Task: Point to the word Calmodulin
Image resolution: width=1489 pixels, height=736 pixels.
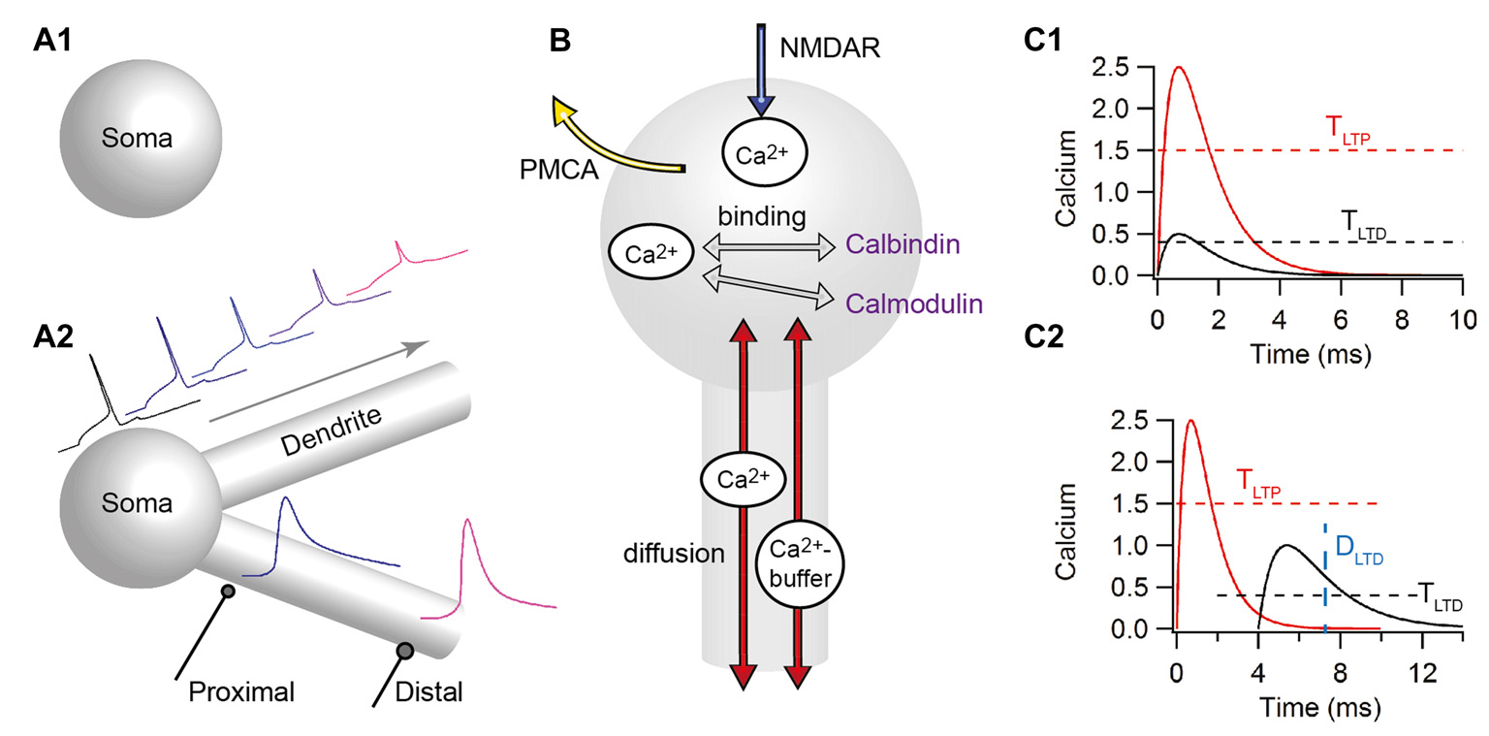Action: coord(912,304)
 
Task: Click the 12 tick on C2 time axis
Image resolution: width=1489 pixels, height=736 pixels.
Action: coord(1421,669)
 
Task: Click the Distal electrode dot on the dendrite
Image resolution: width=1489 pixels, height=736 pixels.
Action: coord(404,650)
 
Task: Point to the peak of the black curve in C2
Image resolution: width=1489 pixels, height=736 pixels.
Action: coord(1287,545)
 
